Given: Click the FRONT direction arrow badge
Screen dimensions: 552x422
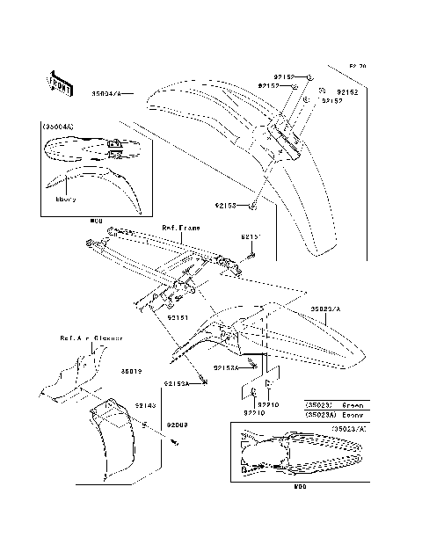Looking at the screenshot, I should [60, 82].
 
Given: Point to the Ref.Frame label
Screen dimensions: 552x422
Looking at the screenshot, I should [180, 227].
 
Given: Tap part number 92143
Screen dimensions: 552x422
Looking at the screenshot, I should [146, 405].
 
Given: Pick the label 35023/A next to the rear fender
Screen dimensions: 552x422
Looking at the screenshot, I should [324, 309].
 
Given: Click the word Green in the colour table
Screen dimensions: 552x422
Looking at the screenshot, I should [349, 406].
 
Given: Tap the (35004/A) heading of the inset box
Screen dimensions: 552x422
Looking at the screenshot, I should [58, 127].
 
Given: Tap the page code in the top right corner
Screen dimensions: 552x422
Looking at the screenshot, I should [356, 66].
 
